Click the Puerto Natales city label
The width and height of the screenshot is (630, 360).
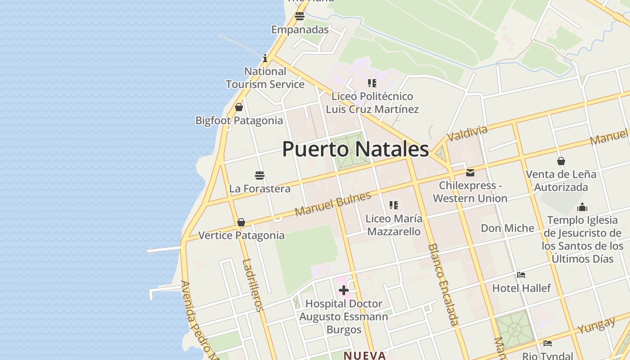pyautogui.click(x=355, y=149)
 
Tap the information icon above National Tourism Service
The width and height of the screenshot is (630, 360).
pyautogui.click(x=265, y=58)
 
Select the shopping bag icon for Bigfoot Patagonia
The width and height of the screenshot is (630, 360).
pyautogui.click(x=239, y=107)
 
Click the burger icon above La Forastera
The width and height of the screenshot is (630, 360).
pyautogui.click(x=259, y=175)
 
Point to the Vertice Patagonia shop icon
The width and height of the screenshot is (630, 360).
pyautogui.click(x=241, y=222)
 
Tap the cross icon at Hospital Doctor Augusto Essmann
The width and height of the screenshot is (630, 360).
pyautogui.click(x=343, y=290)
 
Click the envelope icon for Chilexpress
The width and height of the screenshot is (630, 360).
pyautogui.click(x=470, y=172)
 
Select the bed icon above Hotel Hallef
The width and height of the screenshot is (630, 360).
pyautogui.click(x=521, y=274)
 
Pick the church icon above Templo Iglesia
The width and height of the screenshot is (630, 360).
pyautogui.click(x=582, y=207)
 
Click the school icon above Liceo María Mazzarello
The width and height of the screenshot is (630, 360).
pyautogui.click(x=394, y=205)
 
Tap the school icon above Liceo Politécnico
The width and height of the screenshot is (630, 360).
pyautogui.click(x=372, y=83)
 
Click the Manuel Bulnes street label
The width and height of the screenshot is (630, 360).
pyautogui.click(x=333, y=203)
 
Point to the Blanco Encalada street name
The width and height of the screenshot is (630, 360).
pyautogui.click(x=443, y=284)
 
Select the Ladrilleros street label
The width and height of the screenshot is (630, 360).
pyautogui.click(x=252, y=285)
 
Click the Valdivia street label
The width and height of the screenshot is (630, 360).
pyautogui.click(x=467, y=133)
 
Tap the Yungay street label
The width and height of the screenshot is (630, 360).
pyautogui.click(x=597, y=325)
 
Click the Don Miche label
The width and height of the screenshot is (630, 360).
pyautogui.click(x=508, y=228)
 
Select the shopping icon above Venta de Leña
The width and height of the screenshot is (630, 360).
pyautogui.click(x=561, y=161)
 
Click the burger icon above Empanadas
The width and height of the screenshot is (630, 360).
pyautogui.click(x=300, y=17)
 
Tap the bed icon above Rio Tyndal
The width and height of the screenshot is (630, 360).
pyautogui.click(x=547, y=343)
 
